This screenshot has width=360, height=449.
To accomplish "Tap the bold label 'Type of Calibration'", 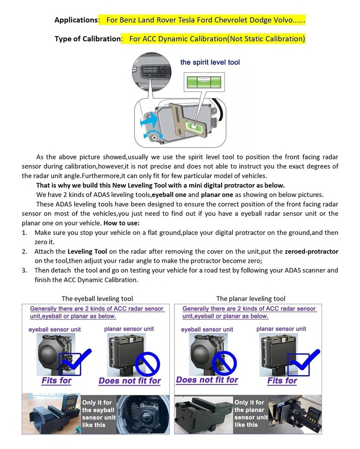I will [87, 38].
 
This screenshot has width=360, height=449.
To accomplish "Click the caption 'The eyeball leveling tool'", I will [97, 298].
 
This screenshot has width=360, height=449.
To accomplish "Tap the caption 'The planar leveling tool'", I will [251, 298].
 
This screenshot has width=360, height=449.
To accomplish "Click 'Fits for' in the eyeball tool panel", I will [56, 380].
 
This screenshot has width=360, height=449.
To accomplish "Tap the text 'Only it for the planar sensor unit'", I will [251, 413].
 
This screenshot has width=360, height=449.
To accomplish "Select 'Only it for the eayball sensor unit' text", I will [98, 413].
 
